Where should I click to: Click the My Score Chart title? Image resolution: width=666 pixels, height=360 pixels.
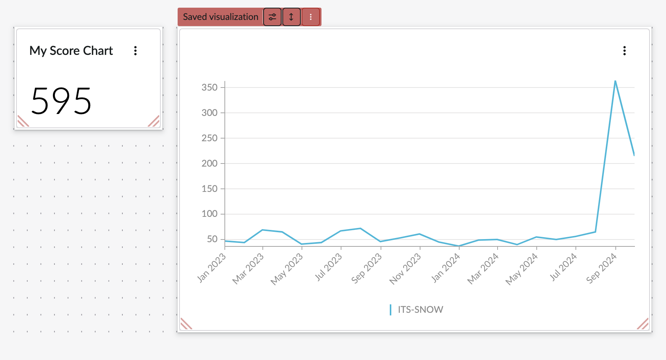[x=71, y=51]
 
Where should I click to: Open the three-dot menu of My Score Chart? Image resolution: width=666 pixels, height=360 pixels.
[x=135, y=51]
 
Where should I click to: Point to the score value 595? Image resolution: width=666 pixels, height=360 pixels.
[x=61, y=101]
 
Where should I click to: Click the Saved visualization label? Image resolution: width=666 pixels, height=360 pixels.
[x=220, y=17]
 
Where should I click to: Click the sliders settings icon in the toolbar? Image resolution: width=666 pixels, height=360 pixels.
[x=272, y=17]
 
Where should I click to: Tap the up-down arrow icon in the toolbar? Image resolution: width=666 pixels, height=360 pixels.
[x=291, y=17]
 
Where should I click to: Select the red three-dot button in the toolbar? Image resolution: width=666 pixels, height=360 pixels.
[x=311, y=17]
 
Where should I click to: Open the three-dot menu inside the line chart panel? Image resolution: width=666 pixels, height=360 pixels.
[x=625, y=51]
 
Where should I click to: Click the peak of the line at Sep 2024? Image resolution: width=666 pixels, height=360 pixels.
[x=615, y=81]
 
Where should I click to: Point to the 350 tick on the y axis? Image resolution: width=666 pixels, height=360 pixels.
[x=209, y=88]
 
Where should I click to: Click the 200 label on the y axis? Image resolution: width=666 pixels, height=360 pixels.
[x=209, y=163]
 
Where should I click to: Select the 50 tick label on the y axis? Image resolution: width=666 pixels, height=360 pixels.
[x=212, y=239]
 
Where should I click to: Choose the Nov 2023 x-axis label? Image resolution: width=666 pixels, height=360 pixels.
[x=405, y=269]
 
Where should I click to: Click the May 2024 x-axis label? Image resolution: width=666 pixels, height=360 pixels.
[x=521, y=269]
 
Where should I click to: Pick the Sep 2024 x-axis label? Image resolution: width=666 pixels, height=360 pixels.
[x=601, y=269]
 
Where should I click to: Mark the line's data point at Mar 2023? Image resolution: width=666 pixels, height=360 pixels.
[x=262, y=230]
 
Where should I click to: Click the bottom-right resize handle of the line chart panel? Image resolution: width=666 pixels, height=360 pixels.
[x=643, y=324]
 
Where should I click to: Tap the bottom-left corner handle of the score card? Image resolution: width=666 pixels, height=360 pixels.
[x=23, y=121]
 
